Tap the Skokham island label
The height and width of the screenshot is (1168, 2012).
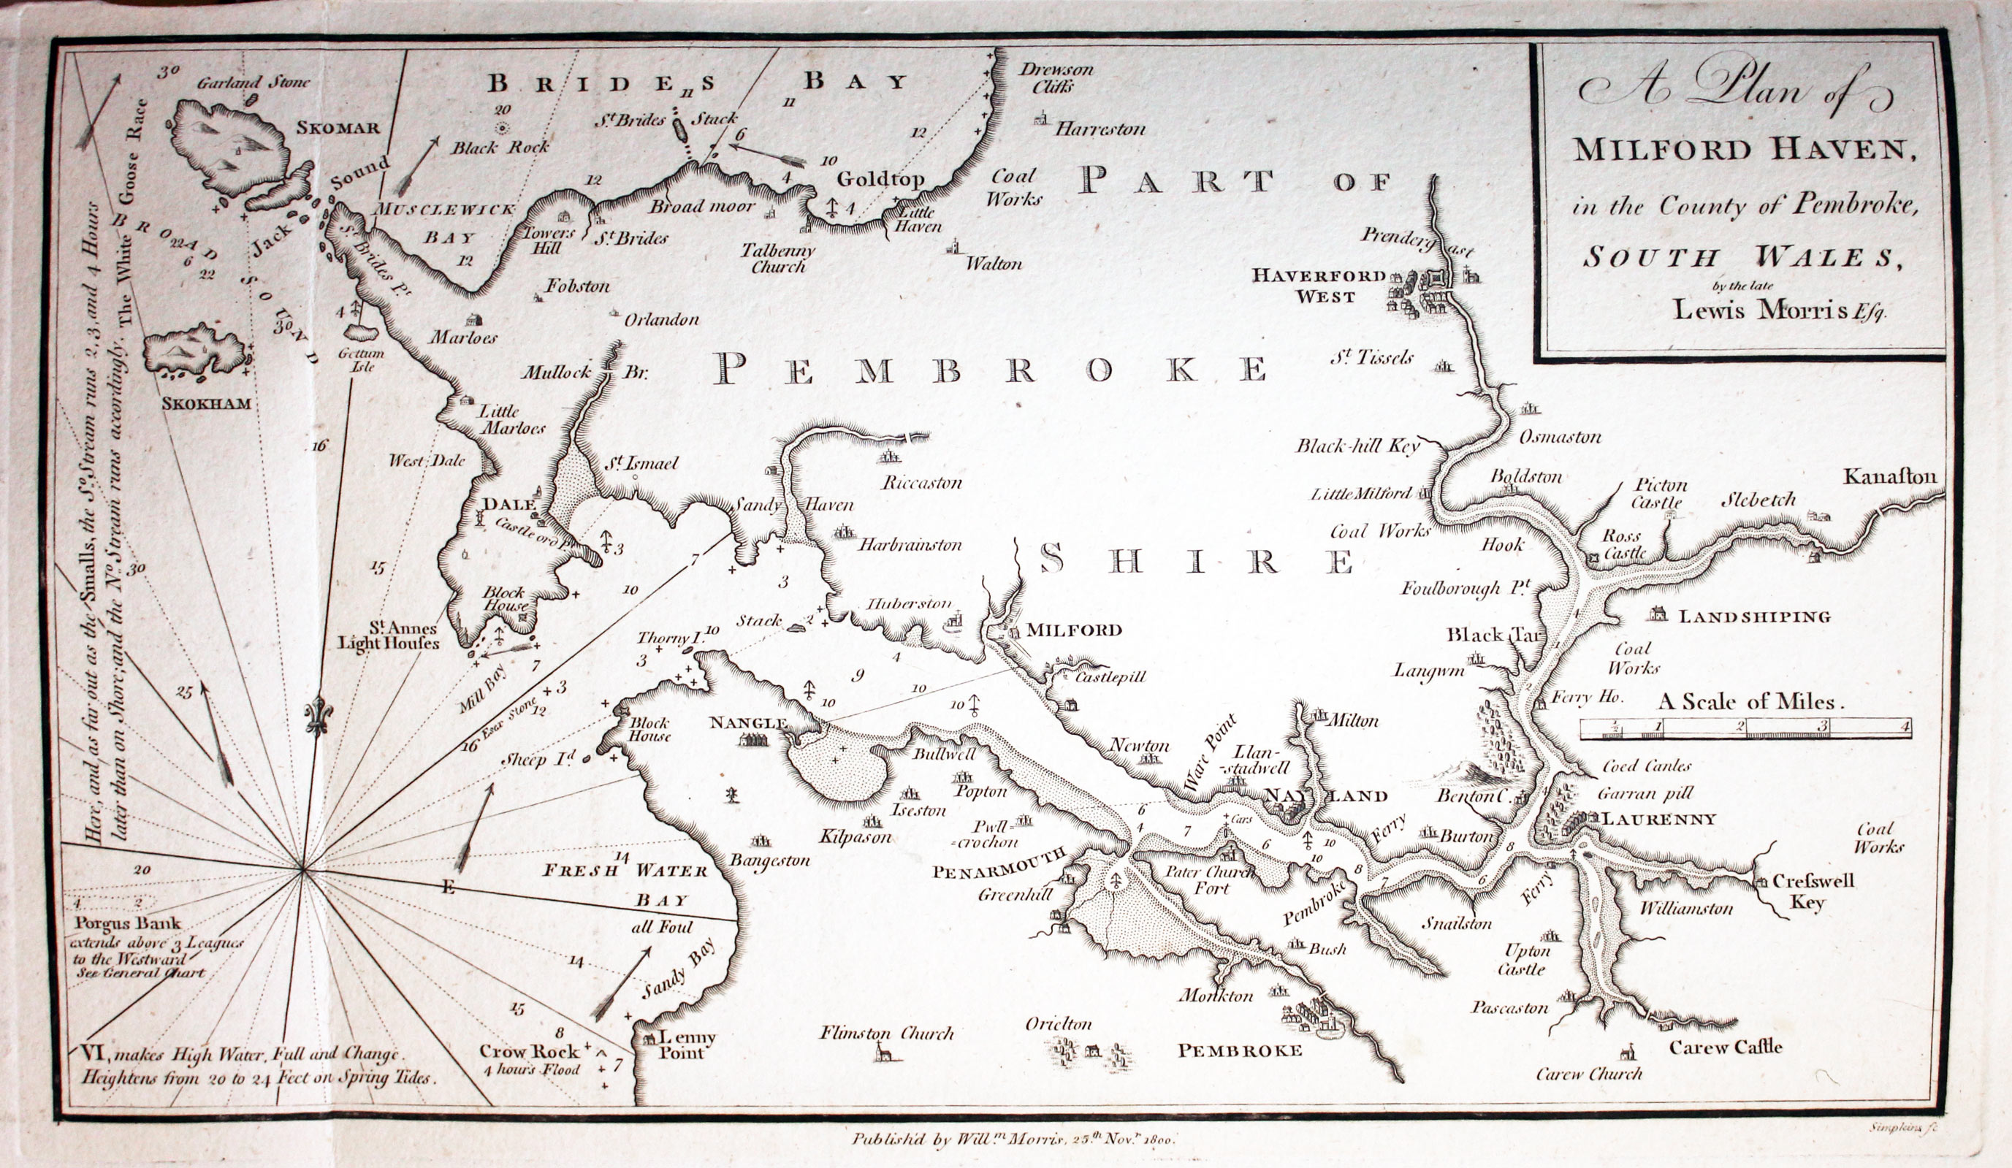[x=206, y=404]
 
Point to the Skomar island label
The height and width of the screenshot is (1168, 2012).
[x=338, y=128]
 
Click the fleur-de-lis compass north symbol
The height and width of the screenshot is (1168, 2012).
[x=318, y=715]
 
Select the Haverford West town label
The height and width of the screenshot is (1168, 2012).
[x=1317, y=286]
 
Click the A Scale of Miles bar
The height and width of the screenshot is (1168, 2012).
[x=1745, y=728]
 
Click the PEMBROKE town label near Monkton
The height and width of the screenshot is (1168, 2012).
[x=1240, y=1051]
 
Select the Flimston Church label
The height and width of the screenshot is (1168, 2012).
[x=886, y=1034]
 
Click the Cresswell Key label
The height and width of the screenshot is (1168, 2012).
[x=1813, y=892]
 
